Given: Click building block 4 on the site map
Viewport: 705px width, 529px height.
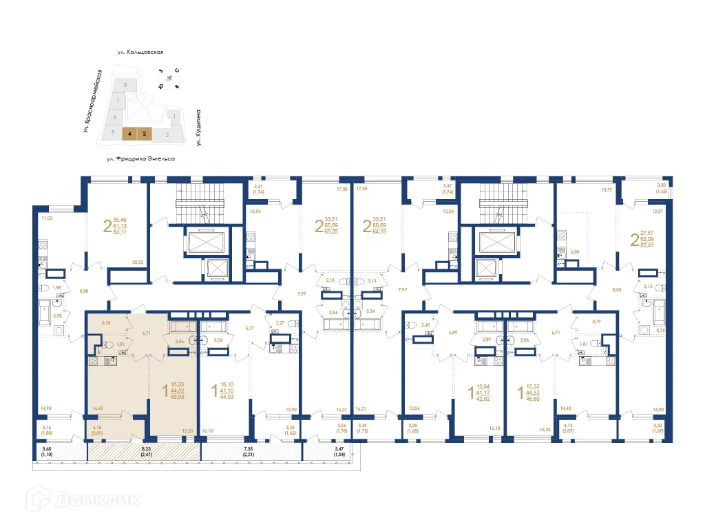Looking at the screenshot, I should click(x=129, y=134).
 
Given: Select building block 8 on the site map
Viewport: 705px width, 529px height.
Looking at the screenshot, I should click(x=125, y=84).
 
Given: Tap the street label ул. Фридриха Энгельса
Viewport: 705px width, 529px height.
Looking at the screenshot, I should click(x=140, y=158).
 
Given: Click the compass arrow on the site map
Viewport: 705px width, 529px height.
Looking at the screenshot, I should click(x=168, y=79).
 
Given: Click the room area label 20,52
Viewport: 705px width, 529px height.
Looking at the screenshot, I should click(x=138, y=262).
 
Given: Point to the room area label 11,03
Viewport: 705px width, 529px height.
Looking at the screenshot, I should click(x=47, y=218).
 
